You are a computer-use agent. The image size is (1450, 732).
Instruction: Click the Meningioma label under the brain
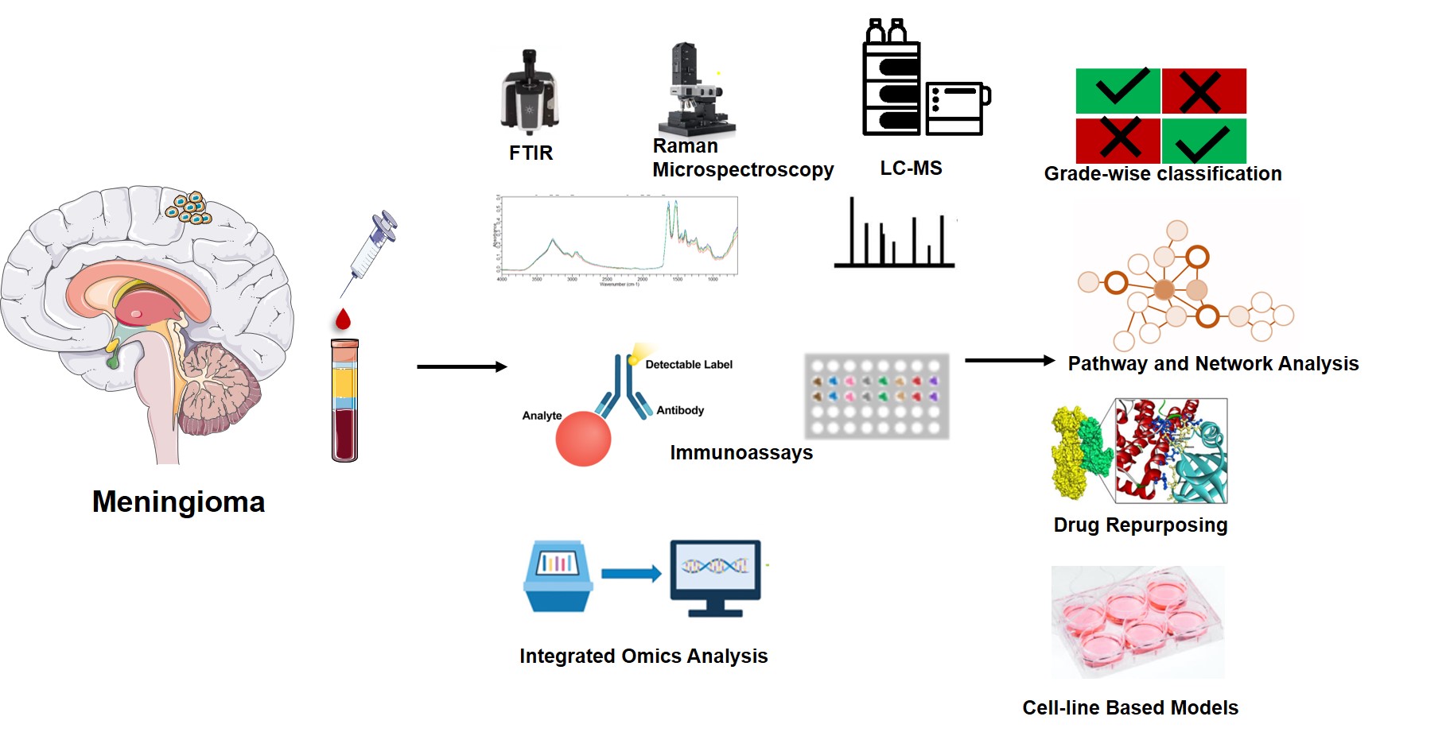point(178,502)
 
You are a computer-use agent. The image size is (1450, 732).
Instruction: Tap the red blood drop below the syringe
point(343,320)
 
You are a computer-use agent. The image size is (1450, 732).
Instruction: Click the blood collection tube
point(344,400)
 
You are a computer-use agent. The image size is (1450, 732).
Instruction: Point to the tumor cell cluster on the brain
point(189,207)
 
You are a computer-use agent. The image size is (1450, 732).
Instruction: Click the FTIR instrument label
point(531,153)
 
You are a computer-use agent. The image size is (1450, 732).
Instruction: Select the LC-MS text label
point(911,168)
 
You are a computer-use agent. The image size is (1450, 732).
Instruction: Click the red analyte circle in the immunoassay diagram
point(583,439)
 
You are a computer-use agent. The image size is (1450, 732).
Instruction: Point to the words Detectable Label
point(689,365)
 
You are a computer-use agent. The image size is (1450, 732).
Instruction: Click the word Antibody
point(680,410)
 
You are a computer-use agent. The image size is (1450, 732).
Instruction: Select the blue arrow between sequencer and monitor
point(631,573)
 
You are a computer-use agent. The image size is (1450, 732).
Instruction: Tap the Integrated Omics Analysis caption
point(643,656)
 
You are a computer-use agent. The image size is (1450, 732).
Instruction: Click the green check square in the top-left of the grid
point(1118,91)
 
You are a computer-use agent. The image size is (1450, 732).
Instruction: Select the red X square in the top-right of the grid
point(1203,91)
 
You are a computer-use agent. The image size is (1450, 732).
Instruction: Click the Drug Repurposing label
point(1141,525)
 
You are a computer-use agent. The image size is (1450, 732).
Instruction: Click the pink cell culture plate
point(1137,621)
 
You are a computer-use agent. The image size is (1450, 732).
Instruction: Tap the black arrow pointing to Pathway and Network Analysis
point(1009,360)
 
